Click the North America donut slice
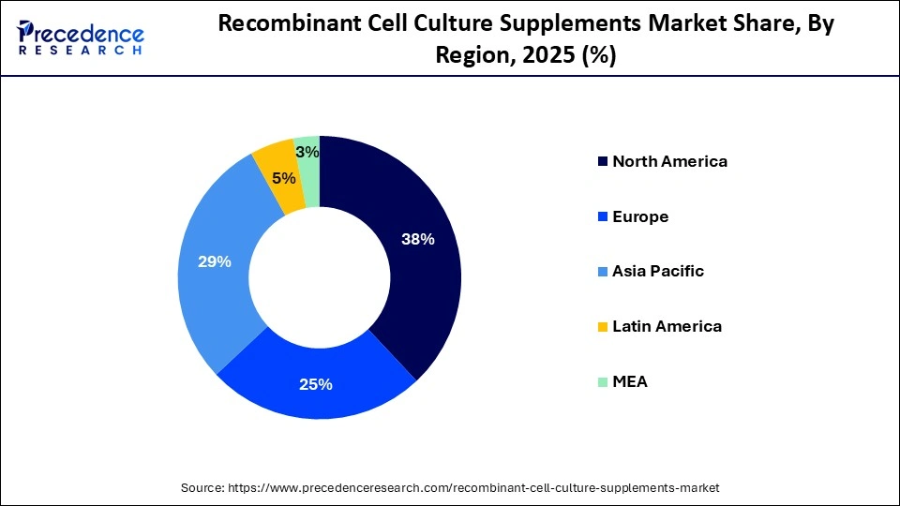pos(412,272)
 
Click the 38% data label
pos(417,239)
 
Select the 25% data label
pos(317,383)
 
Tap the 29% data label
pos(215,262)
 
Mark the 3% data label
pos(307,152)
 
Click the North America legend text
pos(669,161)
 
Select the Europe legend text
pos(640,216)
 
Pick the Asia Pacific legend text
pos(658,272)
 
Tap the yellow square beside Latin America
pos(601,327)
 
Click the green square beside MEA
pos(601,382)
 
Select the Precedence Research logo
pos(81,37)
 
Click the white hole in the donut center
pos(320,277)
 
